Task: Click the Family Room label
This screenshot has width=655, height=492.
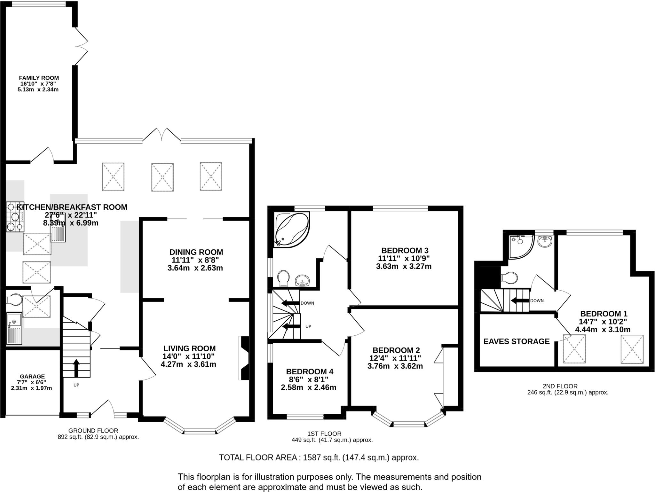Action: (x=39, y=78)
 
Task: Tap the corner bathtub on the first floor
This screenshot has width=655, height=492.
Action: (x=291, y=230)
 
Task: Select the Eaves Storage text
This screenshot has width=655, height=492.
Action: (x=516, y=341)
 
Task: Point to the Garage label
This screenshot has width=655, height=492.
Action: (x=32, y=377)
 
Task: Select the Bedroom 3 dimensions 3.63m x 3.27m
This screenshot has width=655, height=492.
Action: (x=404, y=266)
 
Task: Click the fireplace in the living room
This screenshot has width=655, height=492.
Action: (x=244, y=358)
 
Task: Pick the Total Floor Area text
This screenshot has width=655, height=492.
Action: (x=319, y=457)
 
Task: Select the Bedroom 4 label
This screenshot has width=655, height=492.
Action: (x=309, y=371)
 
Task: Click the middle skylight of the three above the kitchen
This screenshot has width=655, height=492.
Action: (x=162, y=177)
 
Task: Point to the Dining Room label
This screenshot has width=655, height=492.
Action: (x=196, y=252)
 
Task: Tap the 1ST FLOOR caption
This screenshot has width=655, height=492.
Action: (x=324, y=434)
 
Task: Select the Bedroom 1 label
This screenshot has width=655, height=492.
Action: (x=604, y=314)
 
